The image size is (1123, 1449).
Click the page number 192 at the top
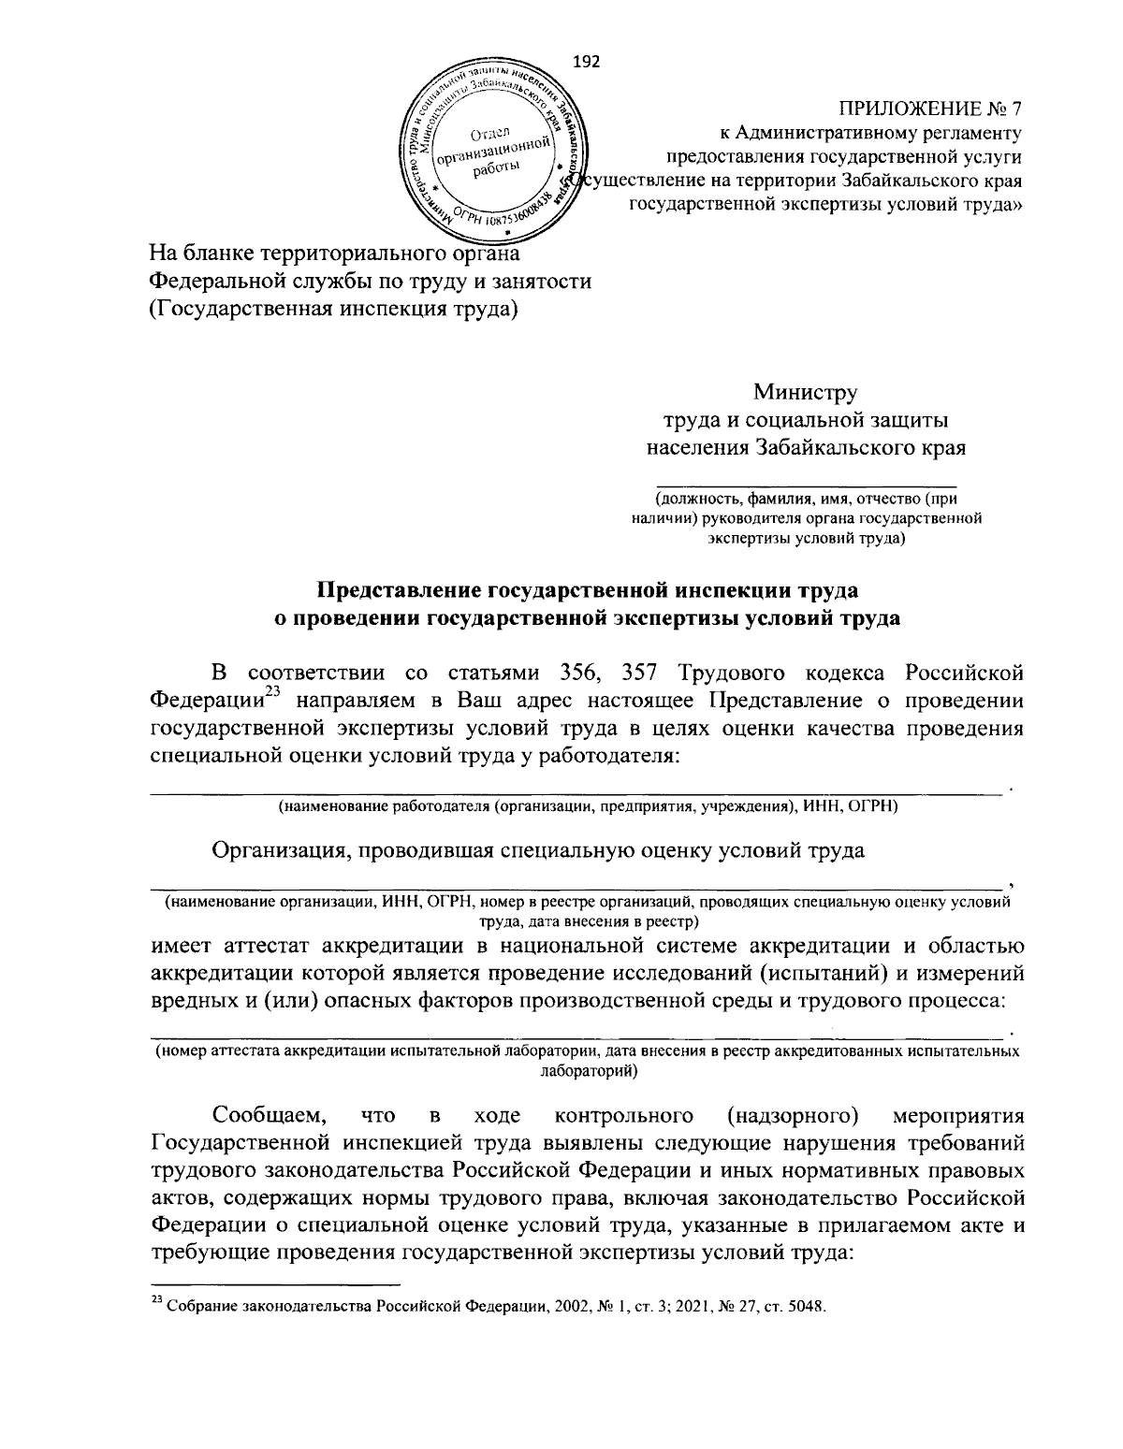pyautogui.click(x=585, y=62)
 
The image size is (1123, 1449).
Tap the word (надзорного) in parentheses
pyautogui.click(x=793, y=1115)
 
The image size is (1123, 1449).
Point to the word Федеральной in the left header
pyautogui.click(x=218, y=281)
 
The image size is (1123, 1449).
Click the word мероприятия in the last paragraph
pyautogui.click(x=959, y=1115)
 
